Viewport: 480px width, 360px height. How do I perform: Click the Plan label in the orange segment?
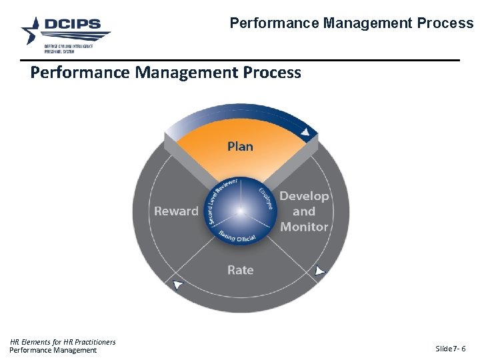(240, 146)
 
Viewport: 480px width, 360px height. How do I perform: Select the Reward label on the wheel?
(176, 211)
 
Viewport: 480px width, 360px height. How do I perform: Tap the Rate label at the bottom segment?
(240, 270)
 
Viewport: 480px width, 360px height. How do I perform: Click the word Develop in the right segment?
(304, 196)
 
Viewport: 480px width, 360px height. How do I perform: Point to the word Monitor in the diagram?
(304, 227)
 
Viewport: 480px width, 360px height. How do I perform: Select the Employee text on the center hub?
(265, 197)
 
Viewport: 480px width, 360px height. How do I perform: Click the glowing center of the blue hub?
(240, 211)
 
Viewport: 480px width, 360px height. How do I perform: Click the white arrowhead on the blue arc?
(305, 133)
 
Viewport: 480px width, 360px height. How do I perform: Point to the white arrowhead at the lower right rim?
(320, 271)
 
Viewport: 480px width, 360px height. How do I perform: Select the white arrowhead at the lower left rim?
(177, 285)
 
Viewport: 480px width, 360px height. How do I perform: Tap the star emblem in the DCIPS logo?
(31, 31)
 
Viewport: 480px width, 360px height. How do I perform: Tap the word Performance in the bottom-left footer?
(30, 350)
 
